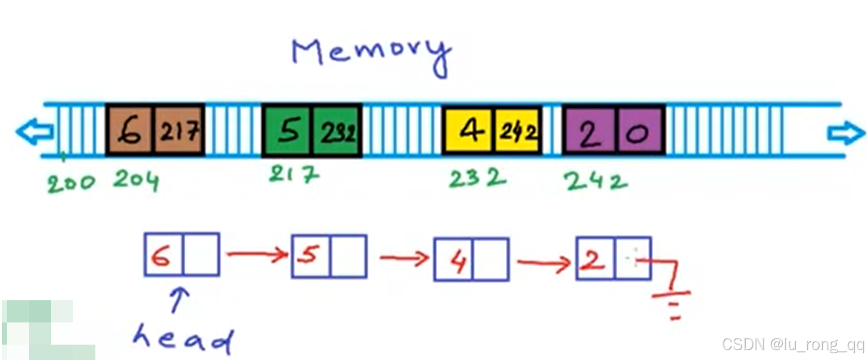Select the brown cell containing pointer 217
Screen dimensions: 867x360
click(x=179, y=130)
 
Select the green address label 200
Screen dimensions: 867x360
click(x=71, y=183)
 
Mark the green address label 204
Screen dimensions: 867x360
click(x=136, y=181)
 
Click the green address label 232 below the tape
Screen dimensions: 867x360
click(x=477, y=178)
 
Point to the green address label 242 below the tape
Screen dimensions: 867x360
click(x=595, y=180)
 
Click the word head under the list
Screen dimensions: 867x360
click(x=183, y=338)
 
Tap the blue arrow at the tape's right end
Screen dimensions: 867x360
click(x=846, y=132)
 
